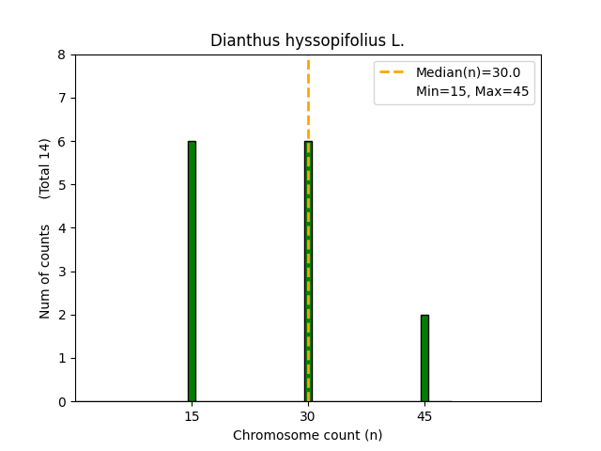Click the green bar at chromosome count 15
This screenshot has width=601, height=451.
click(192, 272)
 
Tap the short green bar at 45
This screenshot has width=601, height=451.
click(424, 358)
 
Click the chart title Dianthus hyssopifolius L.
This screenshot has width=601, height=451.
click(307, 40)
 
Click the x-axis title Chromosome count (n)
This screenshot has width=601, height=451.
click(307, 435)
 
